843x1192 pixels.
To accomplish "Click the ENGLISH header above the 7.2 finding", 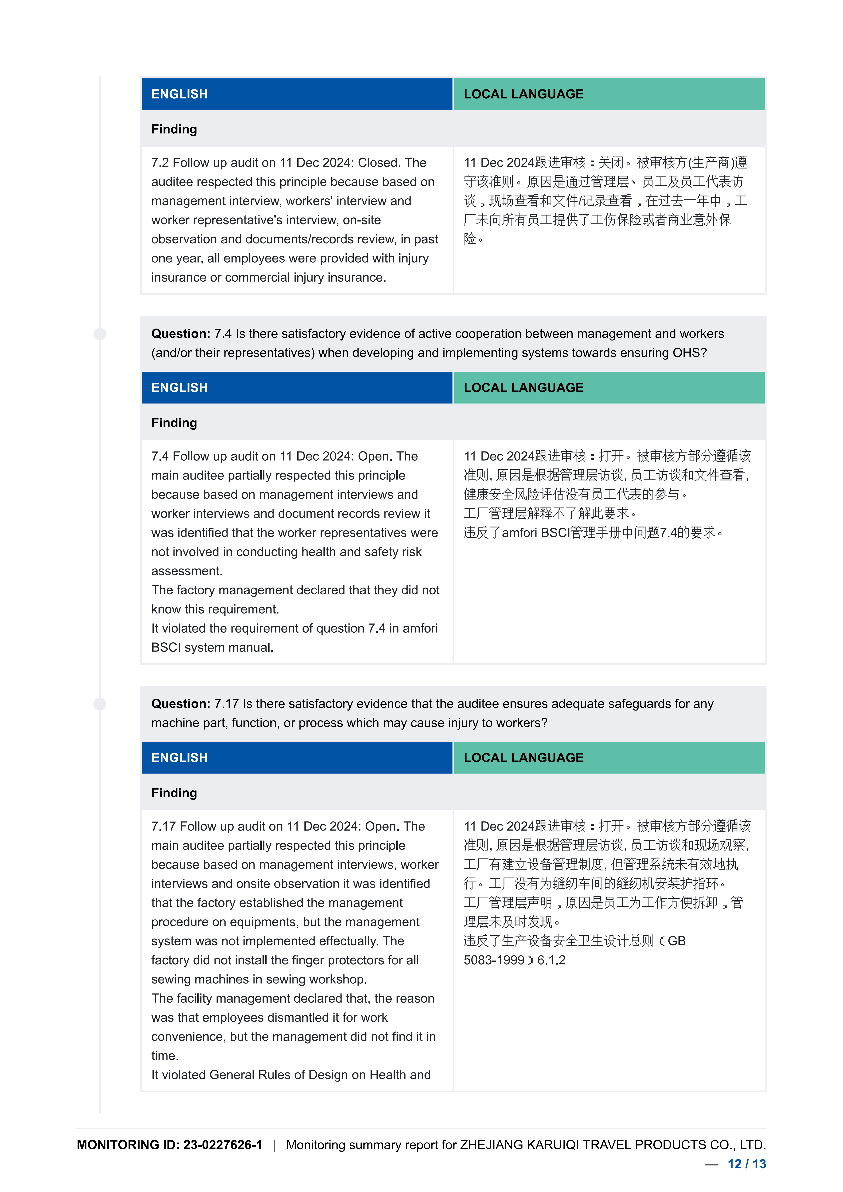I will pos(180,94).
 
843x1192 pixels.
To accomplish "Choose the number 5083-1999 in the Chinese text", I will pos(494,960).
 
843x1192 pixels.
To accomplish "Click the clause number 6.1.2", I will pos(551,960).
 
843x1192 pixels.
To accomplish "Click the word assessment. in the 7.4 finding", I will pos(187,571).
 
